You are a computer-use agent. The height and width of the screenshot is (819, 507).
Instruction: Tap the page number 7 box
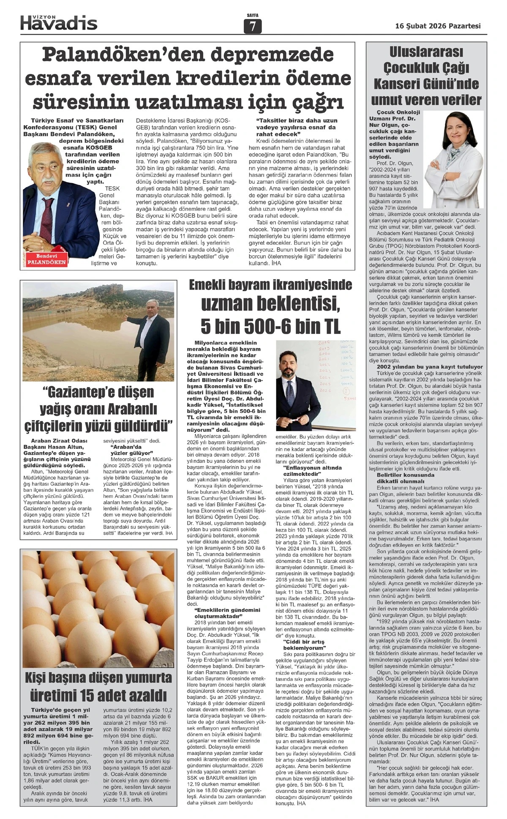tap(253, 27)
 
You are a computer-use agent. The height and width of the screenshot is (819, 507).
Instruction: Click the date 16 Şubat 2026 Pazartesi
tap(438, 26)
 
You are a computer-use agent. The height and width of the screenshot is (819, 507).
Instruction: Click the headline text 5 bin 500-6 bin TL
tap(270, 326)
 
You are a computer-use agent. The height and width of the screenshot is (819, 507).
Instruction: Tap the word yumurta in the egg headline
tap(140, 677)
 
